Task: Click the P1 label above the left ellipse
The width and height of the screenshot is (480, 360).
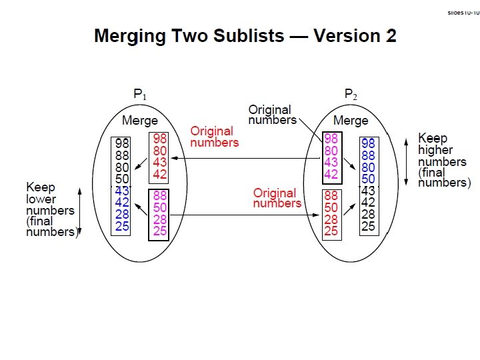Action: click(x=140, y=95)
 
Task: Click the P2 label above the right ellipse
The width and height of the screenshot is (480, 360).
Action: click(x=351, y=95)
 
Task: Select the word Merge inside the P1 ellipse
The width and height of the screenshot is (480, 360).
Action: click(x=140, y=121)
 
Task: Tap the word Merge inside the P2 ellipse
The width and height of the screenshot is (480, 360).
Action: click(x=351, y=121)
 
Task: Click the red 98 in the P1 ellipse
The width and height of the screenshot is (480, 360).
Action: click(x=160, y=139)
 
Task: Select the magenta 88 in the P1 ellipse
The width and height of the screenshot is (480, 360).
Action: click(x=160, y=196)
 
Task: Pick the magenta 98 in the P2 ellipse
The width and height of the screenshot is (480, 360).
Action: click(x=331, y=139)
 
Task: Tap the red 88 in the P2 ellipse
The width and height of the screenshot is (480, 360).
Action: click(x=331, y=196)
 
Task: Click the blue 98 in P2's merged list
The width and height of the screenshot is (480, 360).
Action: click(x=368, y=144)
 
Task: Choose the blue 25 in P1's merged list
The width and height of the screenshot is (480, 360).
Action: click(x=121, y=226)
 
